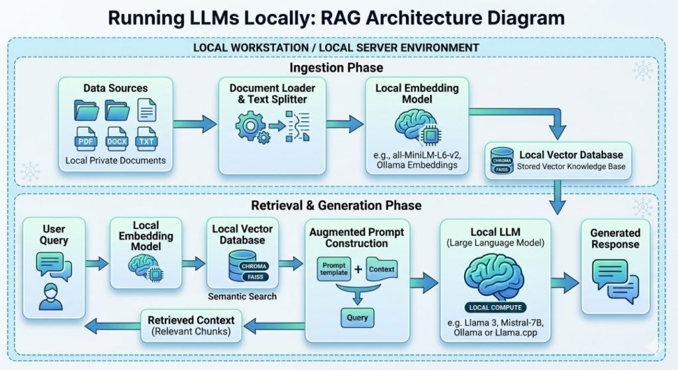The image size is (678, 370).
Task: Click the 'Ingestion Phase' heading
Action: coord(336,68)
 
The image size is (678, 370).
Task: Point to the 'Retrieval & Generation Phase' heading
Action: coord(336,205)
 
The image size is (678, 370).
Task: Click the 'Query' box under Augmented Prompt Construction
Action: coord(358,318)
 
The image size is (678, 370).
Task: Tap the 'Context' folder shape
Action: coord(381,269)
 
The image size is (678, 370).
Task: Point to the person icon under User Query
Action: coord(50,296)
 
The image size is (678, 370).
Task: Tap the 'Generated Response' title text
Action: coord(615,238)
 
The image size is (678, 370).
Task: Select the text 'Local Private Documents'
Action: coord(115,161)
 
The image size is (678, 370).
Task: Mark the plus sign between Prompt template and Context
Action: coord(358,269)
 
